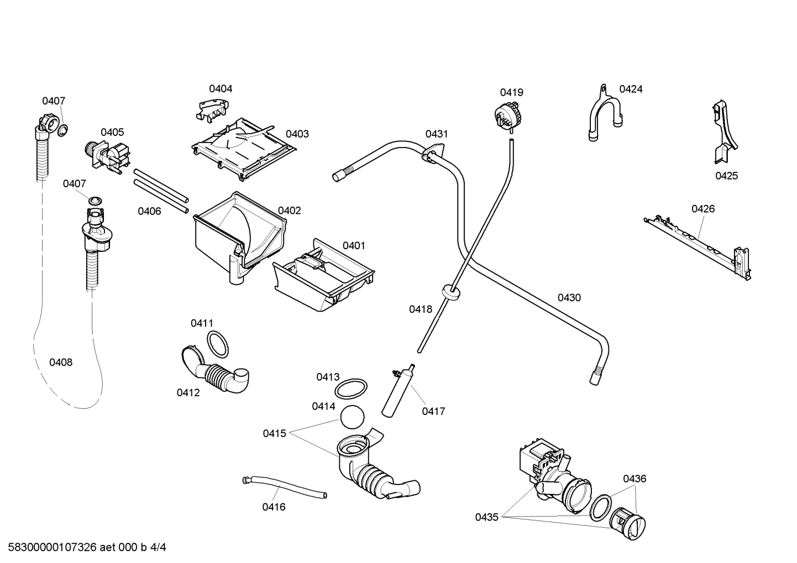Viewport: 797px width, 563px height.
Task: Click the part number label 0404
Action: pyautogui.click(x=221, y=88)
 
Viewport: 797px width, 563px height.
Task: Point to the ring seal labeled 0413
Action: pyautogui.click(x=351, y=388)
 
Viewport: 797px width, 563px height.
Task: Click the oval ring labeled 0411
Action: pyautogui.click(x=218, y=344)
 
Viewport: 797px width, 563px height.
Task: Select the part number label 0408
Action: pyautogui.click(x=61, y=362)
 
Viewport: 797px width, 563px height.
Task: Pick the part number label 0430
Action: pyautogui.click(x=569, y=298)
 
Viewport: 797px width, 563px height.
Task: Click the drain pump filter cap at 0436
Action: pyautogui.click(x=628, y=520)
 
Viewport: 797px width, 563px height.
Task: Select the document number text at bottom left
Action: pyautogui.click(x=83, y=548)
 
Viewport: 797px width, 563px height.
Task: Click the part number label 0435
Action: pyautogui.click(x=486, y=517)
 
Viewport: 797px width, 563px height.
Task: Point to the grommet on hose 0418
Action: pyautogui.click(x=452, y=291)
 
